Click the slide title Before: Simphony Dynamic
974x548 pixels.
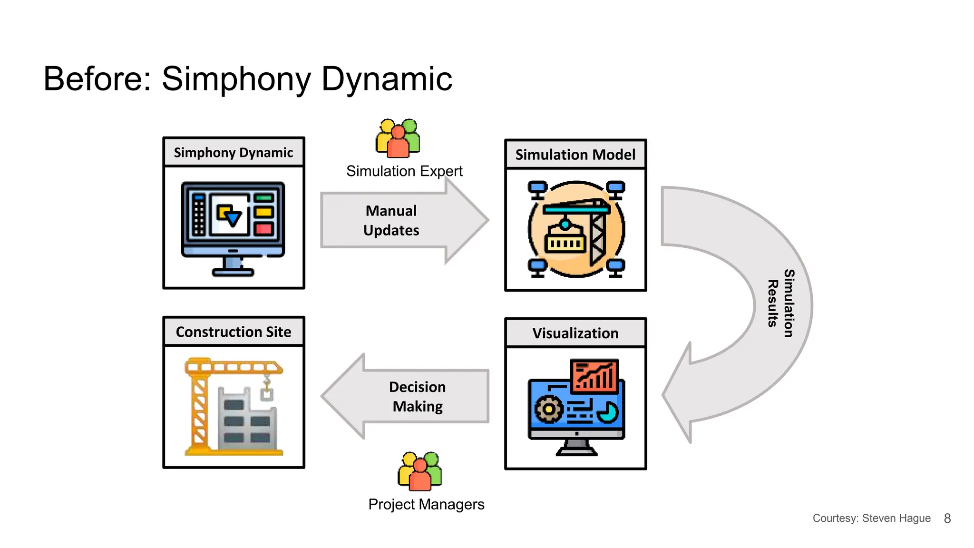pyautogui.click(x=247, y=79)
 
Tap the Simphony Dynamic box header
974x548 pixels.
pyautogui.click(x=233, y=152)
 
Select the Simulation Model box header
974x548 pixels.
pyautogui.click(x=575, y=155)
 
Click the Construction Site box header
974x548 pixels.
pyautogui.click(x=233, y=332)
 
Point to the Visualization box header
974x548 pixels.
pyautogui.click(x=575, y=333)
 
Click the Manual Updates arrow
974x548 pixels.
pyautogui.click(x=391, y=220)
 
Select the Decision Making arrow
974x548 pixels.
pyautogui.click(x=417, y=396)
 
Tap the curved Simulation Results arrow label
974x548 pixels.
pyautogui.click(x=781, y=303)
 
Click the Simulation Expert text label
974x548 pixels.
pyautogui.click(x=404, y=171)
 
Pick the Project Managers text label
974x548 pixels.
pyautogui.click(x=426, y=504)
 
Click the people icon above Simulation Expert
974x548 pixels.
pyautogui.click(x=398, y=138)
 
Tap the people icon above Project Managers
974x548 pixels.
pyautogui.click(x=419, y=471)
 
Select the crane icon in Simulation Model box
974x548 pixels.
pyautogui.click(x=576, y=229)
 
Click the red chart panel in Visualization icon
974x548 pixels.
pyautogui.click(x=595, y=375)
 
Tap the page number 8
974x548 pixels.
pyautogui.click(x=947, y=519)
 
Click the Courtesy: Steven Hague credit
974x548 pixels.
pyautogui.click(x=871, y=519)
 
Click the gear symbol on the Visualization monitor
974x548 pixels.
pyautogui.click(x=549, y=409)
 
